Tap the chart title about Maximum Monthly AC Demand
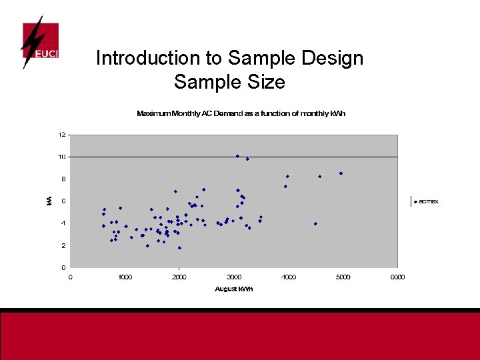(x=241, y=113)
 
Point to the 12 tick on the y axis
(x=61, y=135)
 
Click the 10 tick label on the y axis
(x=61, y=157)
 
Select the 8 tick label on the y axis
(x=62, y=179)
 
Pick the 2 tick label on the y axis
(x=62, y=245)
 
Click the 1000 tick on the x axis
(x=125, y=277)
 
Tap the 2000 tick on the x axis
(x=180, y=277)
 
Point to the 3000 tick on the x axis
(x=234, y=277)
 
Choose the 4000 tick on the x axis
(x=289, y=277)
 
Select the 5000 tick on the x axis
(x=343, y=277)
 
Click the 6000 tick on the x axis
(x=397, y=277)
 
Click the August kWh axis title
(x=234, y=289)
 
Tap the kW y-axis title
(x=49, y=200)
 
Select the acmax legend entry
(x=427, y=201)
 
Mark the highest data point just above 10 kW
(x=237, y=156)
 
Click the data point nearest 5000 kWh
(x=341, y=173)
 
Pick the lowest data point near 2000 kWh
(x=179, y=248)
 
